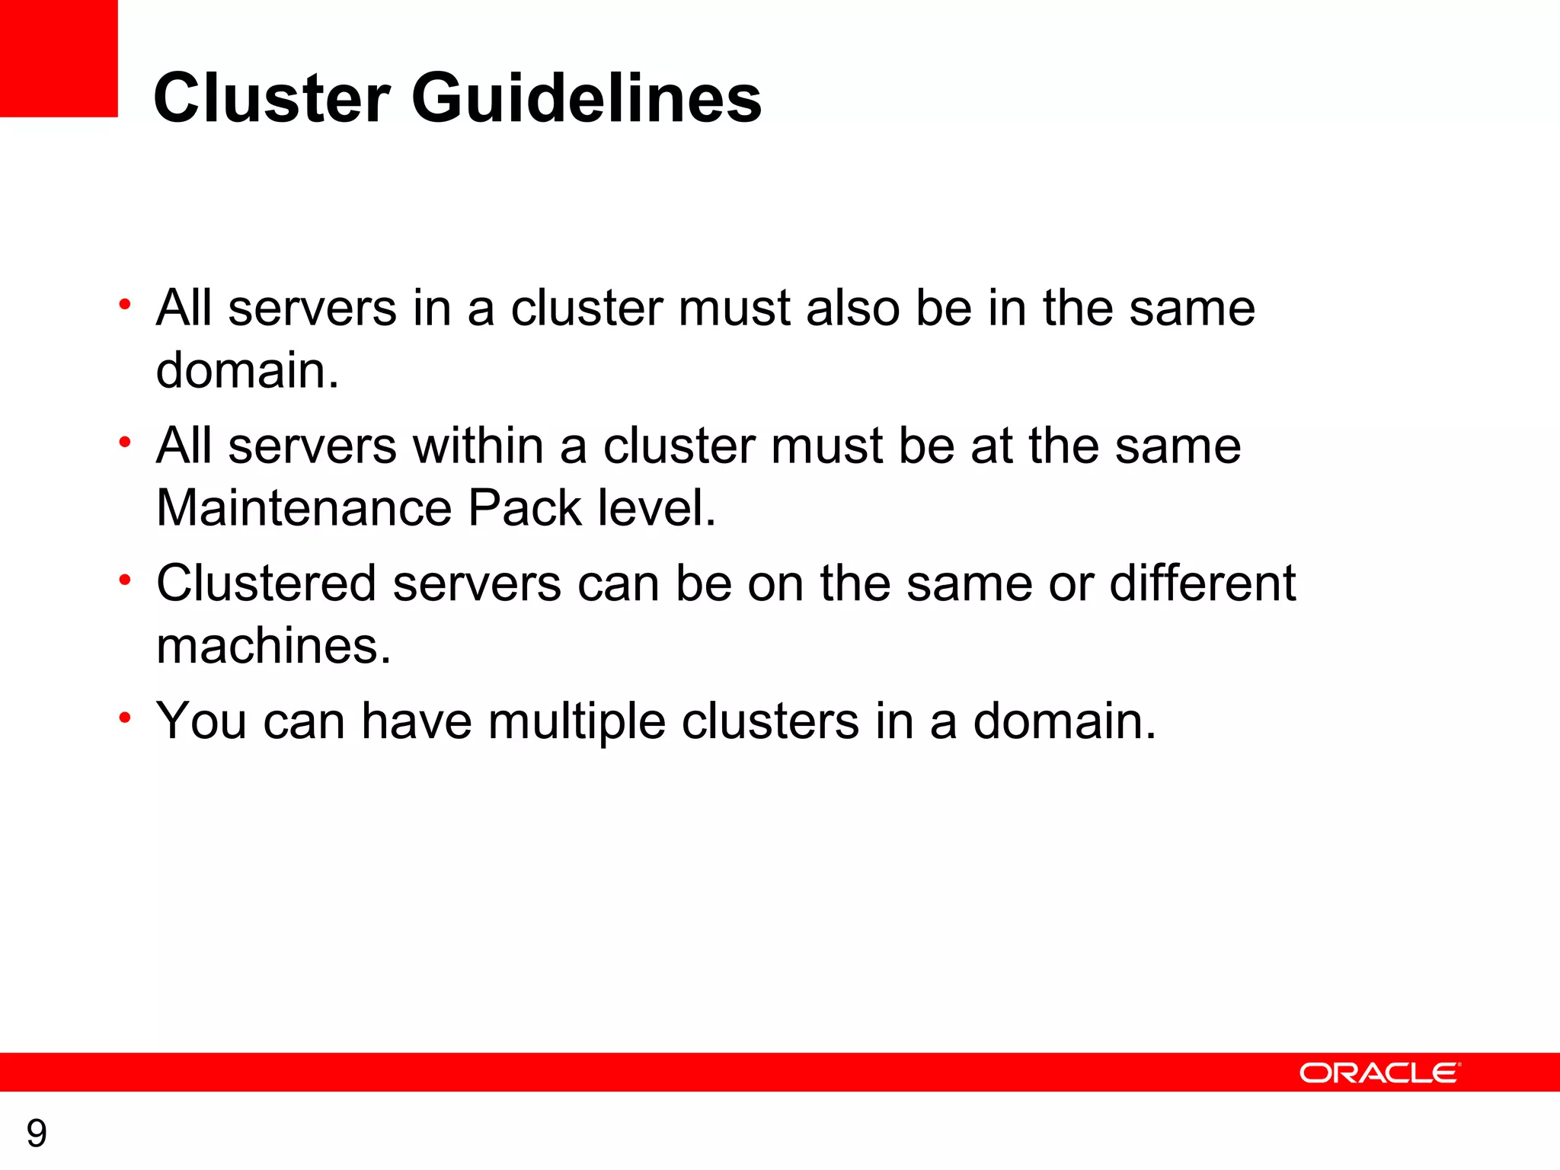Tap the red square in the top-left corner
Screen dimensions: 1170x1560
[x=59, y=58]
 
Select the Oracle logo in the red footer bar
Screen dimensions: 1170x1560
[x=1379, y=1072]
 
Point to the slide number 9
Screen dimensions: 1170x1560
[x=37, y=1133]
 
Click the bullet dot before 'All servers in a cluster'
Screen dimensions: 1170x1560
[x=126, y=305]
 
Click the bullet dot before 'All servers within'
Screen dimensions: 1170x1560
[x=126, y=443]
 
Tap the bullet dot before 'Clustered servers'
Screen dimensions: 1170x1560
[x=126, y=580]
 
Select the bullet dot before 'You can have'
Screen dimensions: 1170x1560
[x=126, y=718]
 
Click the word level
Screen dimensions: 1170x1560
[x=657, y=508]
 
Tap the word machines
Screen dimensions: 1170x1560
[x=273, y=646]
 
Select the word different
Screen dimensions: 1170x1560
[x=1202, y=584]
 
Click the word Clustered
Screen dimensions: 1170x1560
[x=267, y=584]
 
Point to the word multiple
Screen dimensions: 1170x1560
[x=577, y=722]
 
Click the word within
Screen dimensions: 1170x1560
[x=478, y=446]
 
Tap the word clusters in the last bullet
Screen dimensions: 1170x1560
[x=770, y=721]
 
